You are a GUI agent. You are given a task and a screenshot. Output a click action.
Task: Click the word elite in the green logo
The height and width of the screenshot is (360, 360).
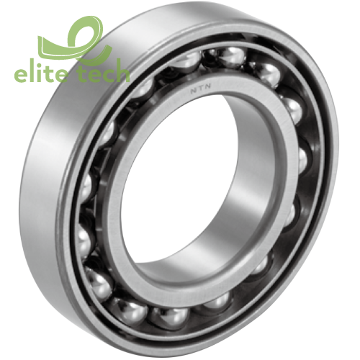pyautogui.click(x=43, y=74)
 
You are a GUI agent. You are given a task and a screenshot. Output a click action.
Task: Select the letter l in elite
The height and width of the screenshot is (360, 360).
pyautogui.click(x=35, y=73)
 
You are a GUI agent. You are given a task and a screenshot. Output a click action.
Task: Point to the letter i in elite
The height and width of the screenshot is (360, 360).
pyautogui.click(x=43, y=73)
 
